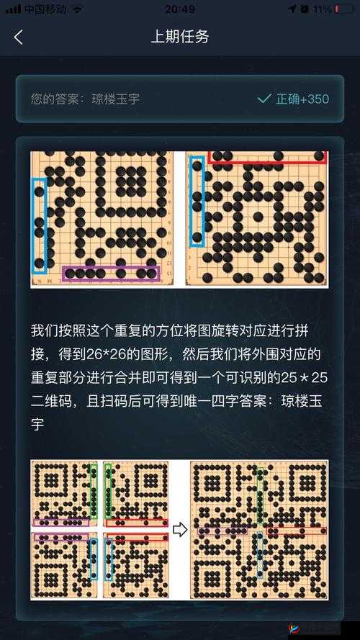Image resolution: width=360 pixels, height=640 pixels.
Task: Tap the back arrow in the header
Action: click(19, 37)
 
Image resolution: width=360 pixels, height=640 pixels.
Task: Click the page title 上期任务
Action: click(179, 37)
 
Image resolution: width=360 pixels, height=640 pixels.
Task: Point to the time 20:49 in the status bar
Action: click(179, 9)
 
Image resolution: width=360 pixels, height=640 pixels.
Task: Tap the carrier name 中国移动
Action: click(45, 9)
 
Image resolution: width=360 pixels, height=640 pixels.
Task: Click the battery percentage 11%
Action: click(322, 9)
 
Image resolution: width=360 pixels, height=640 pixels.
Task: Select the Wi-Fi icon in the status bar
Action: click(77, 9)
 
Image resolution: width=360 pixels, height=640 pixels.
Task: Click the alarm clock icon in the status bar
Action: click(305, 9)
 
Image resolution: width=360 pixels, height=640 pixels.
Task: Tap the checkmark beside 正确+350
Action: click(264, 99)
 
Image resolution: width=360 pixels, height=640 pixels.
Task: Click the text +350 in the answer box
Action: click(314, 99)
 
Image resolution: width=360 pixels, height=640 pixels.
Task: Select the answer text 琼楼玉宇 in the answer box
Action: click(116, 99)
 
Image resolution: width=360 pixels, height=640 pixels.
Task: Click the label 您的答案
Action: click(55, 99)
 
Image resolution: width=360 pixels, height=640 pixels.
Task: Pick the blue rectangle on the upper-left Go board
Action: click(39, 225)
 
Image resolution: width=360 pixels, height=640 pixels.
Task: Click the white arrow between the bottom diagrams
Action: click(179, 531)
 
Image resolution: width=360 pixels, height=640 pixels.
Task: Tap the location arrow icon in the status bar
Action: click(292, 9)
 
